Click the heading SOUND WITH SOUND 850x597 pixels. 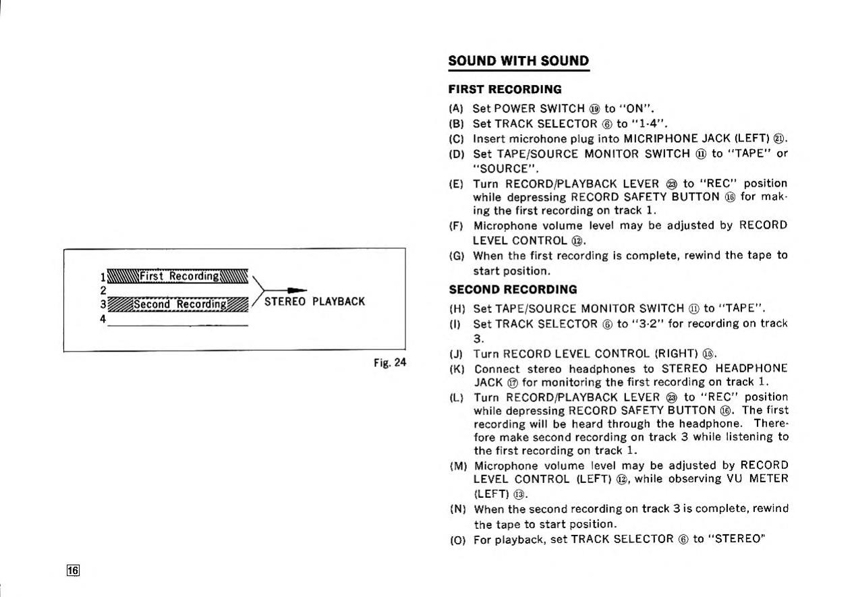[518, 61]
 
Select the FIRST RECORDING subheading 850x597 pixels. [505, 89]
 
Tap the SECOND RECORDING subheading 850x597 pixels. [513, 289]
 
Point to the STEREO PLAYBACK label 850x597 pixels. [314, 302]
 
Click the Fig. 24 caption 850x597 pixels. [390, 362]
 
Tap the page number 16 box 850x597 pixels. [73, 571]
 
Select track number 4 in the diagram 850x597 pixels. [103, 319]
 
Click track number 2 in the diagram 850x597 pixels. [103, 290]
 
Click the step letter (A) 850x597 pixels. [456, 109]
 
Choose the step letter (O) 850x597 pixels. [457, 540]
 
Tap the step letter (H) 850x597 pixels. [457, 309]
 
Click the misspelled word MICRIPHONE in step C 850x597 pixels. [662, 138]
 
